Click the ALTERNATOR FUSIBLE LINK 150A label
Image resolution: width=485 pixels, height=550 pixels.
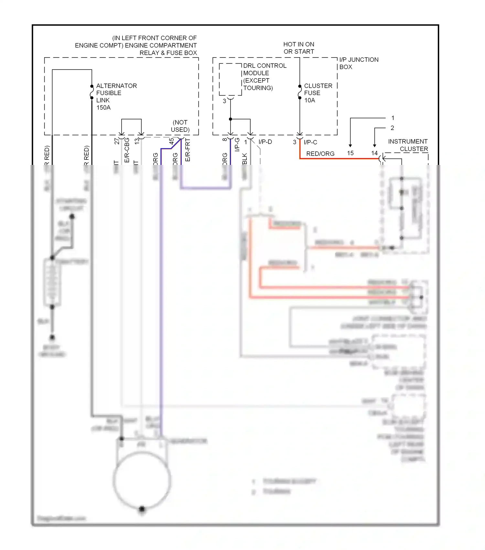click(116, 96)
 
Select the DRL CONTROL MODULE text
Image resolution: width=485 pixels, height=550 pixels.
click(264, 69)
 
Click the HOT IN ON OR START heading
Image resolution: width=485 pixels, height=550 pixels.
click(298, 48)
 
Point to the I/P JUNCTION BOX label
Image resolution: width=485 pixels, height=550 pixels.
click(358, 63)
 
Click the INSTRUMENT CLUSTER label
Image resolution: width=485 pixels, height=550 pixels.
click(408, 145)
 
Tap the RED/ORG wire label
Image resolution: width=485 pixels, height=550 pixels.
click(320, 154)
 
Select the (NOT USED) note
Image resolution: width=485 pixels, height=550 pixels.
click(180, 126)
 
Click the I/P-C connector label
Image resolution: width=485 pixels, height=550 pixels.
click(310, 142)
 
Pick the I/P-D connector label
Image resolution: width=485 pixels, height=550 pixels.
click(265, 142)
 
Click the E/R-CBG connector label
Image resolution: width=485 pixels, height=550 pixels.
click(127, 150)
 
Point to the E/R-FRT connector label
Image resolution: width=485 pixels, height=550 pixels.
click(188, 150)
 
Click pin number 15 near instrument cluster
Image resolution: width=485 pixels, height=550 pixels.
click(350, 153)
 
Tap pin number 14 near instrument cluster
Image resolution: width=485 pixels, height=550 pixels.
click(374, 153)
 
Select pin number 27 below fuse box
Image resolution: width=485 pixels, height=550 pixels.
click(117, 141)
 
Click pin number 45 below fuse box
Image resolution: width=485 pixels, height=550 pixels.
click(172, 141)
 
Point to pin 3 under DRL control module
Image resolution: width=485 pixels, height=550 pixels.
click(224, 101)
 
